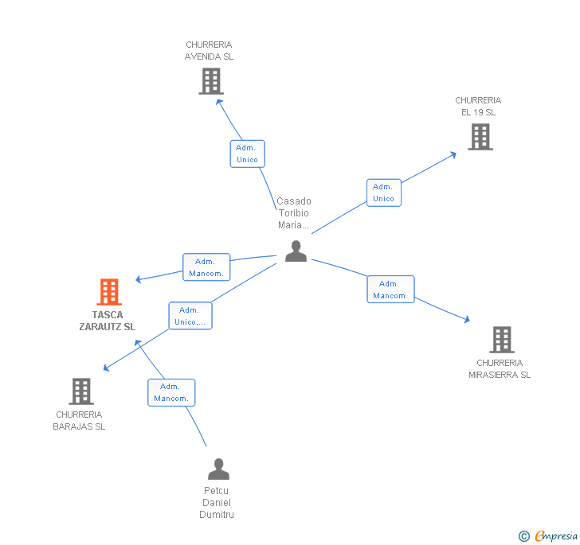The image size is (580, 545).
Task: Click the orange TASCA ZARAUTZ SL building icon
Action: tap(108, 292)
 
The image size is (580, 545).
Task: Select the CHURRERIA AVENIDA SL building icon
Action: tap(210, 81)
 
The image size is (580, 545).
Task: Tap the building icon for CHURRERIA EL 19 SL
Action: tap(480, 137)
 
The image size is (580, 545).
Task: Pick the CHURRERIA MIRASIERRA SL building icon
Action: tap(501, 340)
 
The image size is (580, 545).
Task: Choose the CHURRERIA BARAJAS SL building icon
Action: tap(81, 391)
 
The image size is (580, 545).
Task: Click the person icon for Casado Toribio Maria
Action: tap(296, 251)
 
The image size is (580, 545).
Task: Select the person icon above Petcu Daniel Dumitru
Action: tap(218, 469)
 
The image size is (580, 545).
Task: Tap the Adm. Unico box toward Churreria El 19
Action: tap(383, 193)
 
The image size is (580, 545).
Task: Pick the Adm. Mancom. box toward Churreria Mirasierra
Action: tap(390, 290)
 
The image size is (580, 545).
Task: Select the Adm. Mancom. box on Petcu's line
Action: tap(171, 392)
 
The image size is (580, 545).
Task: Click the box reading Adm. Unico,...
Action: tap(190, 316)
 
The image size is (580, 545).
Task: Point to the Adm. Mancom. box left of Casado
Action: tap(206, 267)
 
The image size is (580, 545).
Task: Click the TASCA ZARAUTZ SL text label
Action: tap(108, 321)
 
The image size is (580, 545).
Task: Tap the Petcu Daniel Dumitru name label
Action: tap(217, 503)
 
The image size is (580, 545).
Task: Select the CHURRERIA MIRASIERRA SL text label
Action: tap(500, 369)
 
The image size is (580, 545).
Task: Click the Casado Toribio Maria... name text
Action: tap(294, 213)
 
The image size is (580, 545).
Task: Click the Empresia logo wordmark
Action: tap(556, 536)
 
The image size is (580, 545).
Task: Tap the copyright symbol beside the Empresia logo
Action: tap(524, 536)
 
